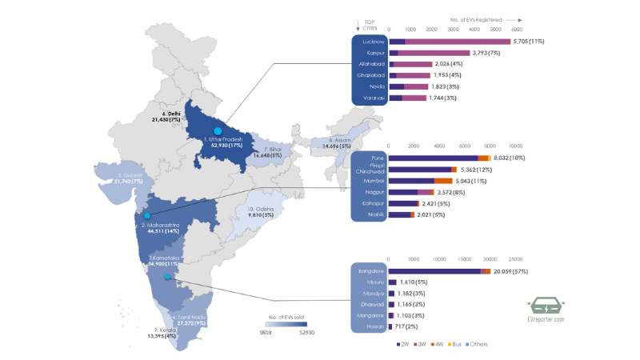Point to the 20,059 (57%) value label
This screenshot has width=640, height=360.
click(x=513, y=271)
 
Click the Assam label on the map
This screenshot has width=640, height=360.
click(x=338, y=143)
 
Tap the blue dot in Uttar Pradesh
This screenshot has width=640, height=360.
click(x=217, y=130)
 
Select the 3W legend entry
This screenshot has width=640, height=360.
click(x=423, y=344)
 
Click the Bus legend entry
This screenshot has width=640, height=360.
click(x=458, y=344)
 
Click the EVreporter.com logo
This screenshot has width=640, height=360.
click(x=546, y=309)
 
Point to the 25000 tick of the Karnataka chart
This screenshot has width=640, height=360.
click(x=515, y=259)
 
